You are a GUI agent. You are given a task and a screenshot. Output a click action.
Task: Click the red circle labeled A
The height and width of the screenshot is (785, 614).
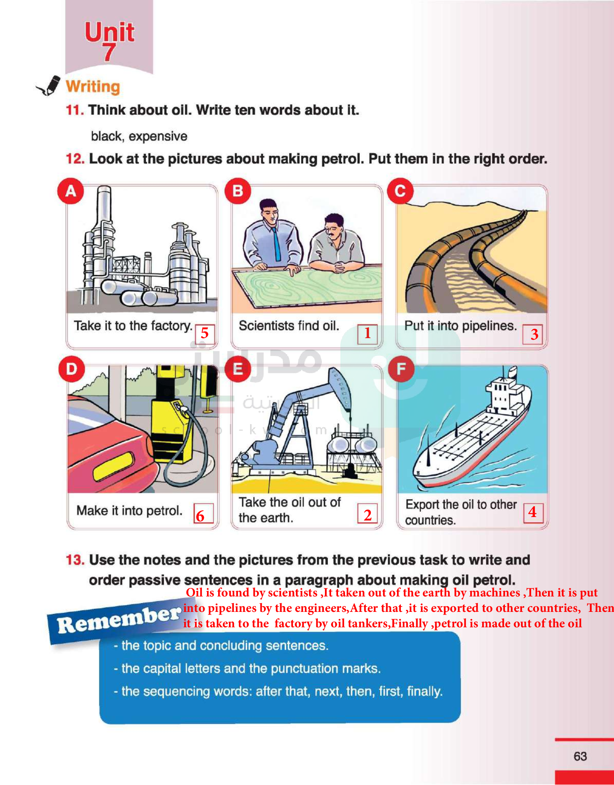click(71, 191)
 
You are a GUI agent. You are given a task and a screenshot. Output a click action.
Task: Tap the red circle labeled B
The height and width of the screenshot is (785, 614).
click(238, 191)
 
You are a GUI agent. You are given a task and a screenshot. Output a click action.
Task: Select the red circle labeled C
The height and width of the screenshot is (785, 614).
click(400, 191)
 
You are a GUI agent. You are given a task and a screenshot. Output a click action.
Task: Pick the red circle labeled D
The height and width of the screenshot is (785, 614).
click(72, 369)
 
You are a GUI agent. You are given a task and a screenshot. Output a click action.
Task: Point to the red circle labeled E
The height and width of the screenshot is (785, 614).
click(238, 369)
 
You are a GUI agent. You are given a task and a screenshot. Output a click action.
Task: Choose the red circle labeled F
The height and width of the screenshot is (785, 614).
click(401, 369)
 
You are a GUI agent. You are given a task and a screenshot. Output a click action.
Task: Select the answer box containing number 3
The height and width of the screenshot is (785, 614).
click(533, 334)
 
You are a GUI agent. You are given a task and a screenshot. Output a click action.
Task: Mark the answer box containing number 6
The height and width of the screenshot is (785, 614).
click(204, 513)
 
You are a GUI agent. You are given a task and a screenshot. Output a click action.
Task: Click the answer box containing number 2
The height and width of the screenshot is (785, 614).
click(367, 513)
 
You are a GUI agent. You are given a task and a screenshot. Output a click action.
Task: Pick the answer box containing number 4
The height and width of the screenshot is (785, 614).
click(533, 513)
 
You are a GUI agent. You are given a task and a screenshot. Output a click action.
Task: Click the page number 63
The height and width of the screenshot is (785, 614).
click(580, 756)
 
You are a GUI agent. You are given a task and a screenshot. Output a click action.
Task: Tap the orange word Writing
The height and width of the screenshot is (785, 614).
click(93, 87)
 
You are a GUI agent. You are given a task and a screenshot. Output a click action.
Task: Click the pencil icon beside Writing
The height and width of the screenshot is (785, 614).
click(49, 86)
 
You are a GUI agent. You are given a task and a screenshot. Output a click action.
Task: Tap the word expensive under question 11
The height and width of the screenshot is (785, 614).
click(158, 136)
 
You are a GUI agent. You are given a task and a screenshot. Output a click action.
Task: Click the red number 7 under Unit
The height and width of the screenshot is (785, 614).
click(109, 52)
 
